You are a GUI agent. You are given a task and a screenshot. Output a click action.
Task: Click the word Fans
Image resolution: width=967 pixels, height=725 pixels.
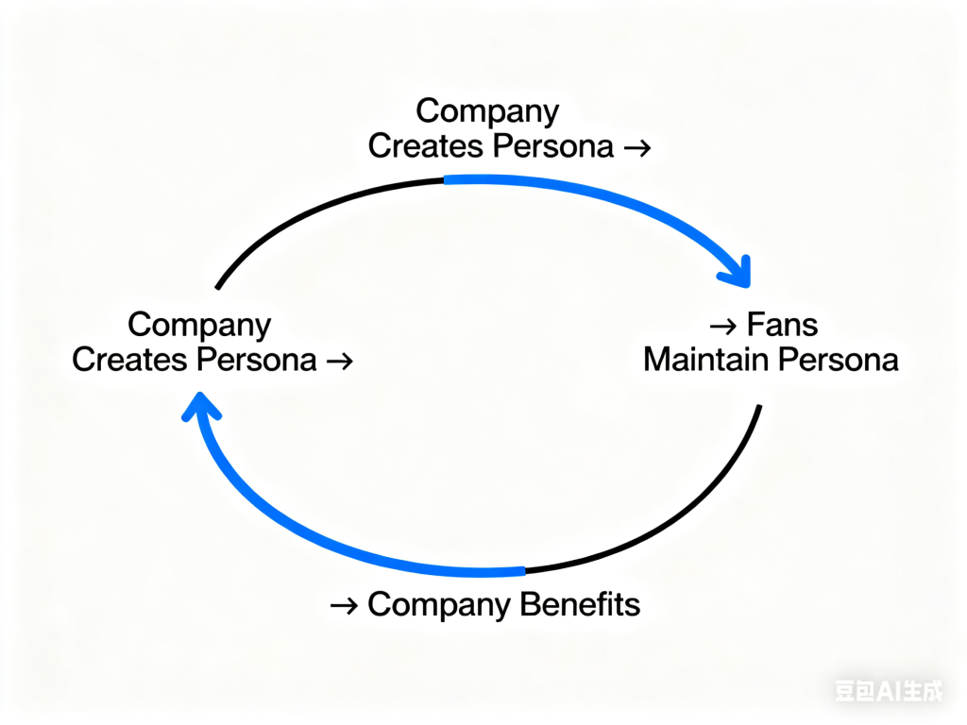782,326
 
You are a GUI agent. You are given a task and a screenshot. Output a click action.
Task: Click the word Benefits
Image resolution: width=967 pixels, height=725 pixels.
583,605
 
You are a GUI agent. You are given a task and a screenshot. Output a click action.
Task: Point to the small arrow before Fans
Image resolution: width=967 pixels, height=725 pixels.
722,327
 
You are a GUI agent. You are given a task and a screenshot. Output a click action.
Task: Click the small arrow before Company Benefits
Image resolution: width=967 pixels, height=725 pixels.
344,605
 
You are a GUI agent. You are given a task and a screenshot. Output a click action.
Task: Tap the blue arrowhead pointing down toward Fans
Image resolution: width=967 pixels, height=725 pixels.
736,271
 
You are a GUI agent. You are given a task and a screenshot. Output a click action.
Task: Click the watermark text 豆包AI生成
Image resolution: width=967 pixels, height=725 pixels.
889,692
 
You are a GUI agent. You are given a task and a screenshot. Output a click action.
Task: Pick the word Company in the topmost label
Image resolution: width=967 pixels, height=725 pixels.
487,111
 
